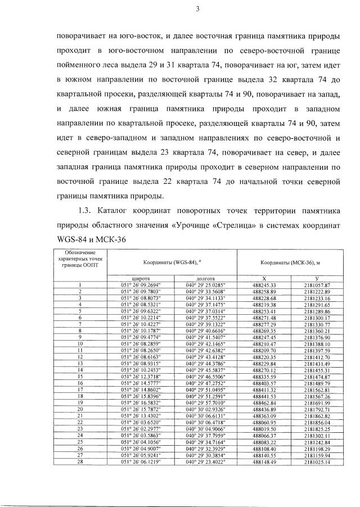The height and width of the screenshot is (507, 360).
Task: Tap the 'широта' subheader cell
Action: [140, 278]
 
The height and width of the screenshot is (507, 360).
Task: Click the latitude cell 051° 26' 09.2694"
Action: [140, 285]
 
